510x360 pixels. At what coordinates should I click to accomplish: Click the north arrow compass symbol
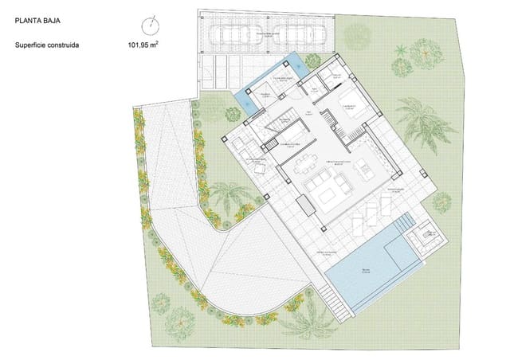(x=150, y=25)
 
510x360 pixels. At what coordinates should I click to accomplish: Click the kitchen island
(x=366, y=166)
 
